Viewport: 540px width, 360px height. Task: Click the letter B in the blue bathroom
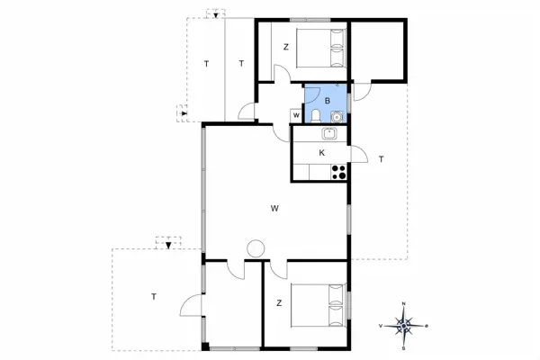pos(328,100)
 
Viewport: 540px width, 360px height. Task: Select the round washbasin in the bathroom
pos(336,116)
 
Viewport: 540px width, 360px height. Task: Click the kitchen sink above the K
pos(329,134)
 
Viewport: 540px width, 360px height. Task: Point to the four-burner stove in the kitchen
pos(339,171)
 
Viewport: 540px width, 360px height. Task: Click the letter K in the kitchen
pos(321,153)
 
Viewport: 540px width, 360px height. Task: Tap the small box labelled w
pos(296,114)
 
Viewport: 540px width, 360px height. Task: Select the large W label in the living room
pos(274,209)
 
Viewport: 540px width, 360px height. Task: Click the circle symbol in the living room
pos(256,248)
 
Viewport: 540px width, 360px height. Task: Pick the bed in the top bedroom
pos(316,46)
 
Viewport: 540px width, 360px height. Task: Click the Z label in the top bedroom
pos(285,47)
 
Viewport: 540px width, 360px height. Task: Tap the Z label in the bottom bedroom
pos(280,303)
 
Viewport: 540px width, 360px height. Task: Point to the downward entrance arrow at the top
pos(214,13)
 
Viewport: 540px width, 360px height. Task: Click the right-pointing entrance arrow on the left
pos(183,113)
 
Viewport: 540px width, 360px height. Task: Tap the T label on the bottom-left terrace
pos(154,296)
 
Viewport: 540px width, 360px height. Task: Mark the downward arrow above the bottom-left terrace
pos(168,241)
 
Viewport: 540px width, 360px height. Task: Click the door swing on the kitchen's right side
pos(357,155)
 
